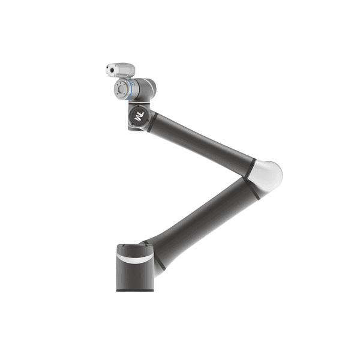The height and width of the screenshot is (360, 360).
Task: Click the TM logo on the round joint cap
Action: [139, 116]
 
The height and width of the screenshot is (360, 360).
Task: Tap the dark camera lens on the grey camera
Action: [112, 70]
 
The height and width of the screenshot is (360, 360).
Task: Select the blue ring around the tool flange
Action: [130, 89]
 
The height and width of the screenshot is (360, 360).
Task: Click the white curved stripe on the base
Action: [135, 258]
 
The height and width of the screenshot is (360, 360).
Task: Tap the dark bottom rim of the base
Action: [135, 290]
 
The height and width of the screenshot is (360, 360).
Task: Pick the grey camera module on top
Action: [121, 70]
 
